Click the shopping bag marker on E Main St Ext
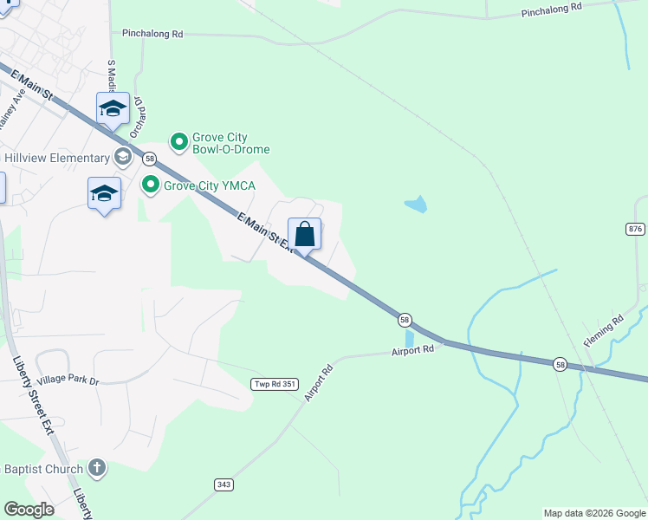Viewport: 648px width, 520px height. pyautogui.click(x=305, y=234)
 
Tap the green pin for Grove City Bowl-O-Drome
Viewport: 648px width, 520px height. pyautogui.click(x=179, y=140)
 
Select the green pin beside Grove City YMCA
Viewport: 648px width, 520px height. pyautogui.click(x=151, y=185)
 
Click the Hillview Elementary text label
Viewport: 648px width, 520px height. pyautogui.click(x=57, y=158)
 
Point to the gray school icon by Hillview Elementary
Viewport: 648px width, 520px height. pyautogui.click(x=123, y=158)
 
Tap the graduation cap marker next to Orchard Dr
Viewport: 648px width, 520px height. pyautogui.click(x=113, y=109)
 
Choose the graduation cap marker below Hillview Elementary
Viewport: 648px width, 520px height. pyautogui.click(x=104, y=194)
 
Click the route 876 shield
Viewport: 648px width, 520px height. pyautogui.click(x=635, y=228)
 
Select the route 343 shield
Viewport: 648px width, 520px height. pyautogui.click(x=224, y=484)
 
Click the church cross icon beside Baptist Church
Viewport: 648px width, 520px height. pyautogui.click(x=97, y=469)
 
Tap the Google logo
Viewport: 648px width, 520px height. pyautogui.click(x=29, y=510)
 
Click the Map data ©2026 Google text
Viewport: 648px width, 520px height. pyautogui.click(x=594, y=513)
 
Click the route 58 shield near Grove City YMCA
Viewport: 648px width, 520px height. pyautogui.click(x=150, y=159)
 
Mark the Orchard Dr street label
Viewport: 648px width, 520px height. pyautogui.click(x=137, y=120)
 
